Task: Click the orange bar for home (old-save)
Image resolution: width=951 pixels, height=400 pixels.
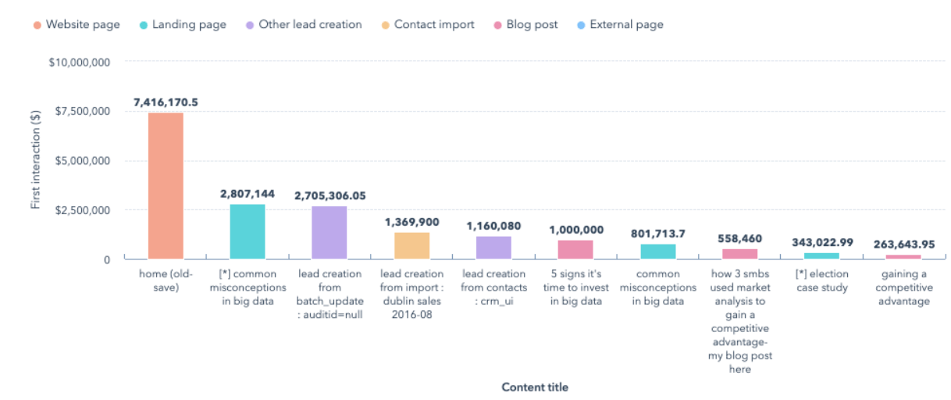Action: tap(166, 186)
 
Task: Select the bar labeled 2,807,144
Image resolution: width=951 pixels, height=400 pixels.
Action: tap(248, 231)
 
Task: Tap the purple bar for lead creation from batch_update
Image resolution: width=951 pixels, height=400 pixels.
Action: tap(329, 233)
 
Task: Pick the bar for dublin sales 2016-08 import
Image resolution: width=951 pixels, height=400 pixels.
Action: tap(411, 245)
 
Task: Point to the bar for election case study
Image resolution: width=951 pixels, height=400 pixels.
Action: tap(821, 255)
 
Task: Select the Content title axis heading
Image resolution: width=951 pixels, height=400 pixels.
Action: tap(535, 387)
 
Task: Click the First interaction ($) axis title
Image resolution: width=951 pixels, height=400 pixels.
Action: tap(35, 159)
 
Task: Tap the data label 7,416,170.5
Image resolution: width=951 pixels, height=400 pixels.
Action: tap(166, 102)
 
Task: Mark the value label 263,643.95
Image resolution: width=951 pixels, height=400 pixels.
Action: tap(903, 243)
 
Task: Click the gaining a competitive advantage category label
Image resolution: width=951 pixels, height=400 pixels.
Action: tap(903, 287)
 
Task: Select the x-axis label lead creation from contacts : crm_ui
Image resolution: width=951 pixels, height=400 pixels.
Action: tap(493, 287)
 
